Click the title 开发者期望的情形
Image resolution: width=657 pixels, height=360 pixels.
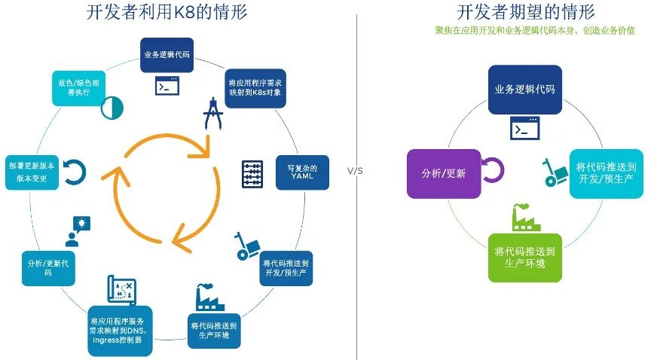coord(525,12)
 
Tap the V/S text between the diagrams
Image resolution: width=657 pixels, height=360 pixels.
coord(355,171)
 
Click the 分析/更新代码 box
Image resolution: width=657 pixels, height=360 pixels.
coord(47,267)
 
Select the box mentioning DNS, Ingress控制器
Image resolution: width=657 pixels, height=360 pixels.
coord(121,329)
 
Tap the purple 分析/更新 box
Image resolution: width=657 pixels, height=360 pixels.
coord(443,173)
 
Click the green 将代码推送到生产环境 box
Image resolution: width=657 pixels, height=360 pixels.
coord(525,258)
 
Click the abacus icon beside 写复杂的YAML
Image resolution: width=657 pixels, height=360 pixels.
coord(252,174)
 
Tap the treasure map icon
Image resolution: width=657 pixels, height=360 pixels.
coord(121,290)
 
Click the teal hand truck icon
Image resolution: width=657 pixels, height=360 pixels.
coord(556,172)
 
